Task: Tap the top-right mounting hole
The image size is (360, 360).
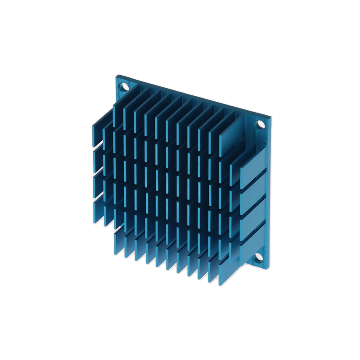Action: [x=261, y=124]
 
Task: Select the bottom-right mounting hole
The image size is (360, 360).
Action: [x=259, y=257]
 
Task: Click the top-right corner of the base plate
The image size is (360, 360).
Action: [x=271, y=118]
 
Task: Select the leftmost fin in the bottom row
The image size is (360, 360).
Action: [x=118, y=243]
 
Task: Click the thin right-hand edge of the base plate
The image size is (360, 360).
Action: [x=270, y=193]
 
